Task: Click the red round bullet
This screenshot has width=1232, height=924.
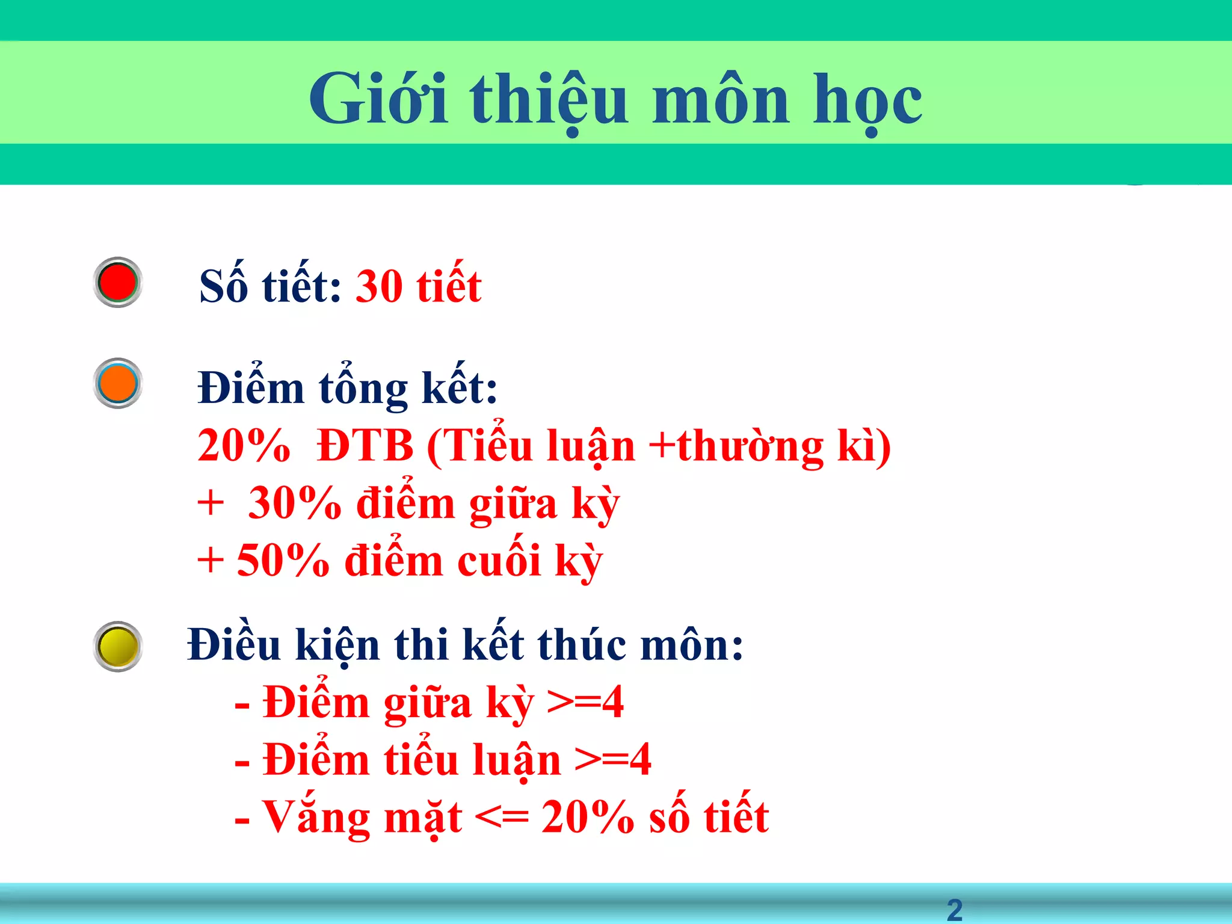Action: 118,282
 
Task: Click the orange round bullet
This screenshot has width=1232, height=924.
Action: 118,383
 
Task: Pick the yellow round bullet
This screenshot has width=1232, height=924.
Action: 118,647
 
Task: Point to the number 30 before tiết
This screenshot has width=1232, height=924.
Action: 379,286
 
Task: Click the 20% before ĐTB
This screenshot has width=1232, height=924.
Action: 244,446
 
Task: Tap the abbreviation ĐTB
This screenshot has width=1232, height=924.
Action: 365,446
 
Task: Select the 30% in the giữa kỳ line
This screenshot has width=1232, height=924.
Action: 295,504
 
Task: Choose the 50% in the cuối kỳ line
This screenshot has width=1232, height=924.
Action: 283,561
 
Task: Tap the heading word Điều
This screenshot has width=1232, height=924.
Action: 234,645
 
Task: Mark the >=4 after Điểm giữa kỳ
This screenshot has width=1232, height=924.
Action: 585,703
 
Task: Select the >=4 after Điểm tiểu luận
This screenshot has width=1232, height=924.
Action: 613,760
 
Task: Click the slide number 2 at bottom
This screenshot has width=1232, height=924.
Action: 955,910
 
